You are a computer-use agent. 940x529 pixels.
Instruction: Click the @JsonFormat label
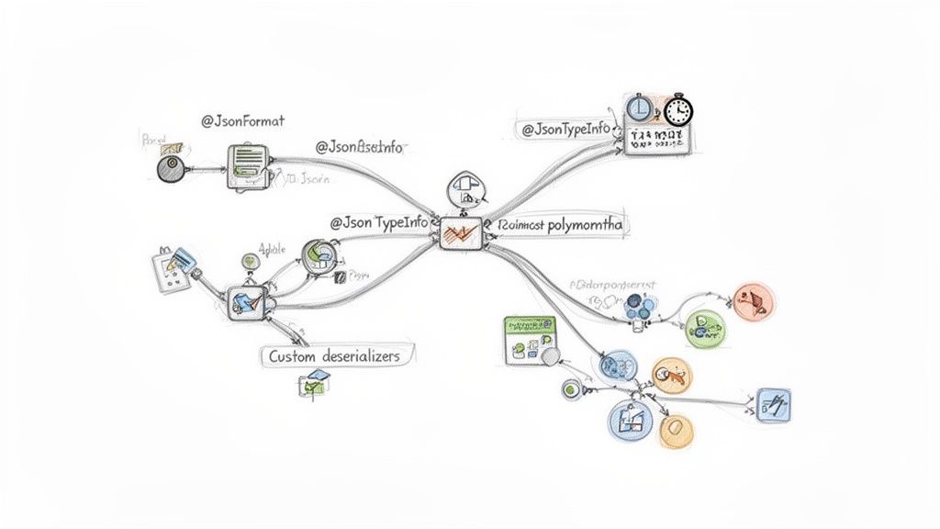(242, 120)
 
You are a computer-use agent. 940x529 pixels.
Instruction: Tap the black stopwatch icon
(678, 110)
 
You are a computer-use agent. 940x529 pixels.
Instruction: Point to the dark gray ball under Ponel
(171, 168)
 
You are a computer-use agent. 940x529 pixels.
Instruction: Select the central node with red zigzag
(459, 233)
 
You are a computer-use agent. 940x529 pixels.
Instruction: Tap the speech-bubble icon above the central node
(464, 189)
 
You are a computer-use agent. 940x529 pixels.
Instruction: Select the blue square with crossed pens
(774, 404)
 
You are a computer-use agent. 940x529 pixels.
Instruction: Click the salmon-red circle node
(755, 299)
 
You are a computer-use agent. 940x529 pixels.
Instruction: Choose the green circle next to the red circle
(705, 326)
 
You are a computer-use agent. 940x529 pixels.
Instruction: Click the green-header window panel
(531, 340)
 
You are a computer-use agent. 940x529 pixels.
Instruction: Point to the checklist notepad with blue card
(172, 269)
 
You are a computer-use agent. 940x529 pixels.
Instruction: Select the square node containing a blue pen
(245, 299)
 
